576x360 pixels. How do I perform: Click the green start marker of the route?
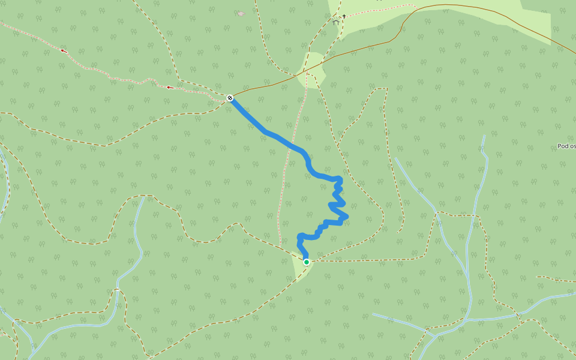tap(307, 262)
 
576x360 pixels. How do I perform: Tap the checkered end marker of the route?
tap(230, 97)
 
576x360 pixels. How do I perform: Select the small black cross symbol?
tap(344, 16)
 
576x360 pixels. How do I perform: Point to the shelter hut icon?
tap(335, 22)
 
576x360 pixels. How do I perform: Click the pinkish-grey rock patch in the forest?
tap(241, 14)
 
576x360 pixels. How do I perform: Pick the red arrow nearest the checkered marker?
tap(170, 88)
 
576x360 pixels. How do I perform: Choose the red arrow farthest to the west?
tap(63, 51)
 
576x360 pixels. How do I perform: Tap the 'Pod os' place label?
tap(566, 146)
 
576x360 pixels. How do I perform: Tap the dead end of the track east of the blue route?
tap(398, 232)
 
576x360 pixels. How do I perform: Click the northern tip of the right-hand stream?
tap(484, 136)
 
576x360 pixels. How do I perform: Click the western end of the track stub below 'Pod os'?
tap(537, 277)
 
